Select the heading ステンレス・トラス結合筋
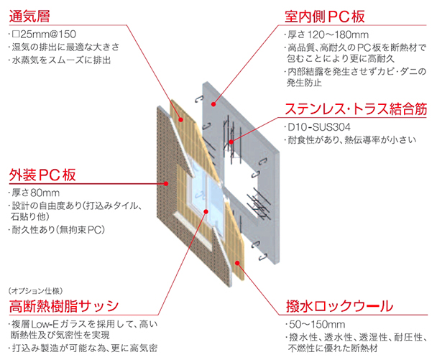(346, 111)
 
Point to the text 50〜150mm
(313, 324)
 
